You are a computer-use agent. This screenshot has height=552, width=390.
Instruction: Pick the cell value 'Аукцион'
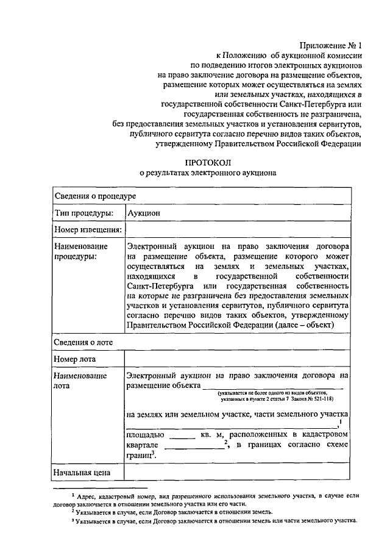pos(144,213)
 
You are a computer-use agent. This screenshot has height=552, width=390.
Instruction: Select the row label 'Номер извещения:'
pos(87,230)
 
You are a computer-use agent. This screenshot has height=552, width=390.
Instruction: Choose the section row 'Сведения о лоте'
pos(82,342)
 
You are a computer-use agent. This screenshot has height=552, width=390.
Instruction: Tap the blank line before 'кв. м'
pos(180,436)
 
